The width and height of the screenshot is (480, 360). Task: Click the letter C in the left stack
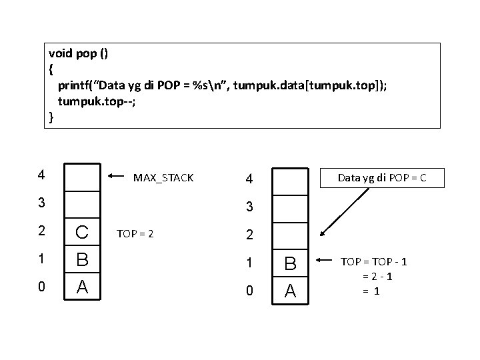82,233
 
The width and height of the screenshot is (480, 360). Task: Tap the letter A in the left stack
82,287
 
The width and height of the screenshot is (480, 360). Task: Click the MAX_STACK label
163,178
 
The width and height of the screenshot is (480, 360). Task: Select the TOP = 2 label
135,234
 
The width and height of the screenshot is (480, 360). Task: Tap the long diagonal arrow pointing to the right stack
344,212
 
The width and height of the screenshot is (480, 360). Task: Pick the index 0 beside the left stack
41,287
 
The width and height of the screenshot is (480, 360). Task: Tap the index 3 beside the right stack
249,207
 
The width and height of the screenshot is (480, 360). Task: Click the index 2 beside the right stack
249,235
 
